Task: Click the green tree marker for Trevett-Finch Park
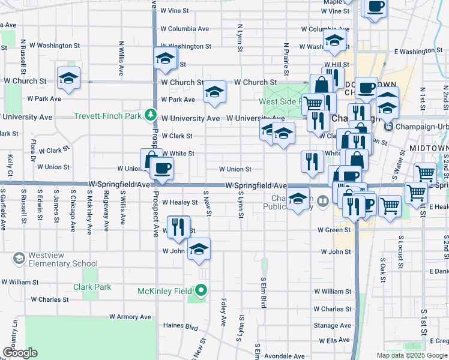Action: coord(150,115)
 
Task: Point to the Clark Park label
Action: coord(92,287)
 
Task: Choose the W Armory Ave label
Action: coord(132,316)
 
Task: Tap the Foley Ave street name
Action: coord(223,313)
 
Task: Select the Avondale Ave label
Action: coord(285,355)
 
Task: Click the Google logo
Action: coord(19,353)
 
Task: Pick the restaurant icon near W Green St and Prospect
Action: coord(177,226)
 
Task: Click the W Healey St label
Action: coord(179,203)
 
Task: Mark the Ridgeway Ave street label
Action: coord(106,211)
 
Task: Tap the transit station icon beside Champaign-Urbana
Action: coord(388,127)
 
